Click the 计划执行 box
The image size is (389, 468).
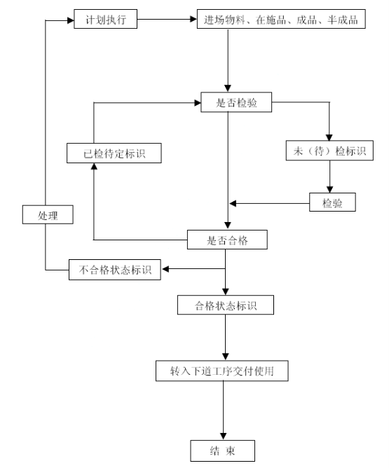(x=105, y=19)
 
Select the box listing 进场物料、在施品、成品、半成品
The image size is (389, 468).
(x=281, y=19)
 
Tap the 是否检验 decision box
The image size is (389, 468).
(x=236, y=102)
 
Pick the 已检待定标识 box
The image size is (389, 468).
(x=114, y=153)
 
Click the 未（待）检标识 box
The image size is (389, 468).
(x=329, y=151)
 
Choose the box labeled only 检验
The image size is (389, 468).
(x=332, y=202)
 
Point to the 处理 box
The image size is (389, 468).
(x=48, y=214)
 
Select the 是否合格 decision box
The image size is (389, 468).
(x=227, y=240)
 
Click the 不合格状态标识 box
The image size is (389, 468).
(x=115, y=270)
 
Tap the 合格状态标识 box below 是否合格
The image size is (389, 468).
(x=226, y=305)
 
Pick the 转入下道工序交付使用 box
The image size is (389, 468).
(x=221, y=371)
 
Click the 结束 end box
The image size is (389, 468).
(x=223, y=450)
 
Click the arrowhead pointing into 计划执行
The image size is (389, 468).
(x=71, y=20)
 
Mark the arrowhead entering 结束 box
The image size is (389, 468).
(x=223, y=436)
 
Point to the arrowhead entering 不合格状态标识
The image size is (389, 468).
(x=165, y=269)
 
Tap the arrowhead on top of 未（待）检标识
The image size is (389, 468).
(x=329, y=137)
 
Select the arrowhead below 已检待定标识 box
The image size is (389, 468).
(x=94, y=167)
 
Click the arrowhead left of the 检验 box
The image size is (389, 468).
(x=233, y=204)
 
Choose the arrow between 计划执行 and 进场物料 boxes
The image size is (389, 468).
(x=168, y=20)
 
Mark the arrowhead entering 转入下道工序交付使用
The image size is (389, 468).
(x=226, y=357)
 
